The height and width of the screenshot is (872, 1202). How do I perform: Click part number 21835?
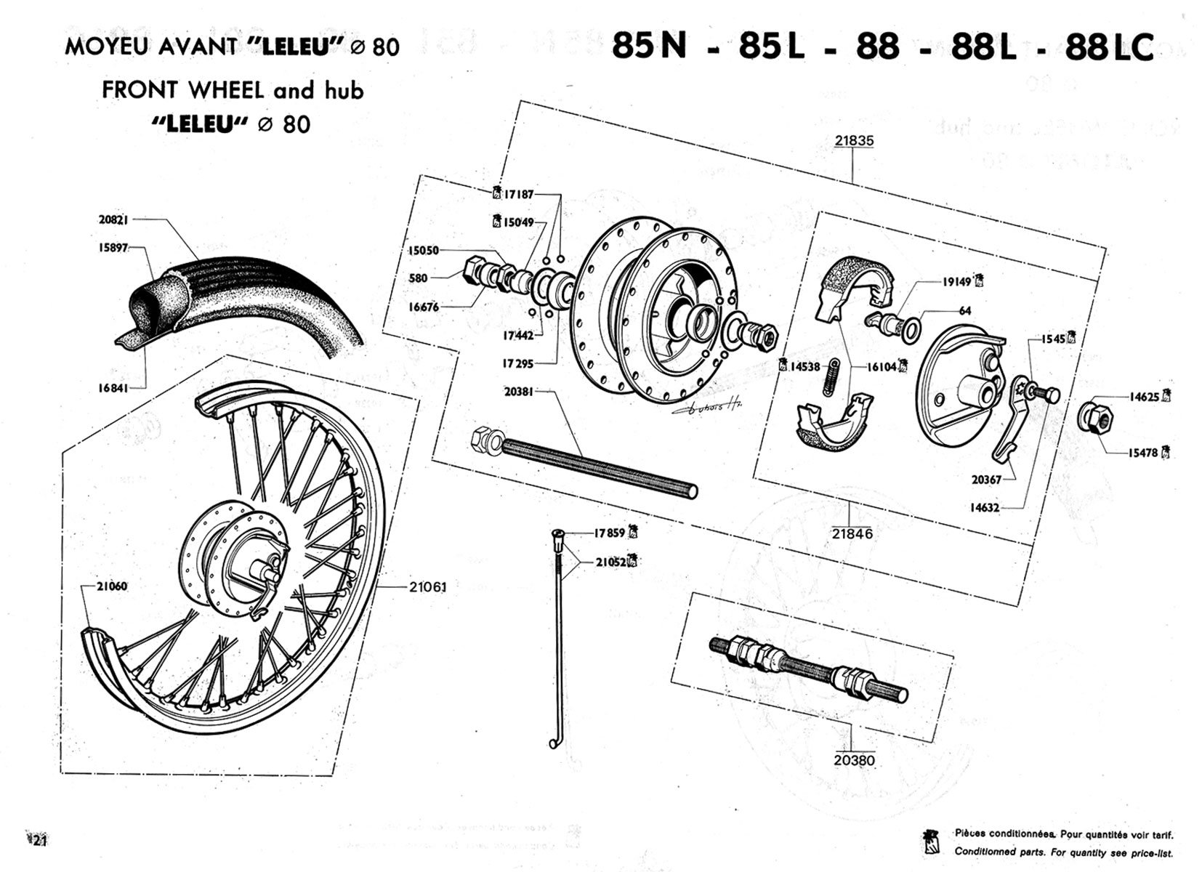[854, 141]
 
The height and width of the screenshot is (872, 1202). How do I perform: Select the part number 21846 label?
[852, 533]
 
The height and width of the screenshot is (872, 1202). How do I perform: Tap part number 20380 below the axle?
[855, 760]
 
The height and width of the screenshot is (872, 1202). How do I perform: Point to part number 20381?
[518, 392]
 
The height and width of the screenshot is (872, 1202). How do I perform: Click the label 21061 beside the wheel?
[427, 586]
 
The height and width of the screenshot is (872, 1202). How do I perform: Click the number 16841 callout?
[113, 388]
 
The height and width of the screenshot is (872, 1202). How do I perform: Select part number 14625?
[1144, 397]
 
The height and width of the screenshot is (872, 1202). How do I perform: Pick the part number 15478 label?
[1143, 453]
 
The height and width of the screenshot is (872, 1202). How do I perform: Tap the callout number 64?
[965, 311]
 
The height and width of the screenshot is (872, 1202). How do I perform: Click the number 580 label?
[418, 278]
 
